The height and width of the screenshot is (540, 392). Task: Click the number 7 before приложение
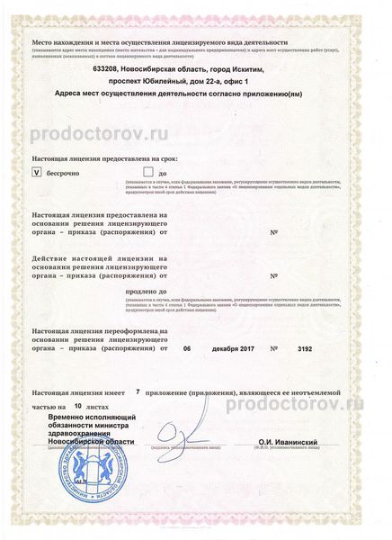click(137, 392)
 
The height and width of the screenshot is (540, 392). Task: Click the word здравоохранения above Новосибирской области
click(76, 433)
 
